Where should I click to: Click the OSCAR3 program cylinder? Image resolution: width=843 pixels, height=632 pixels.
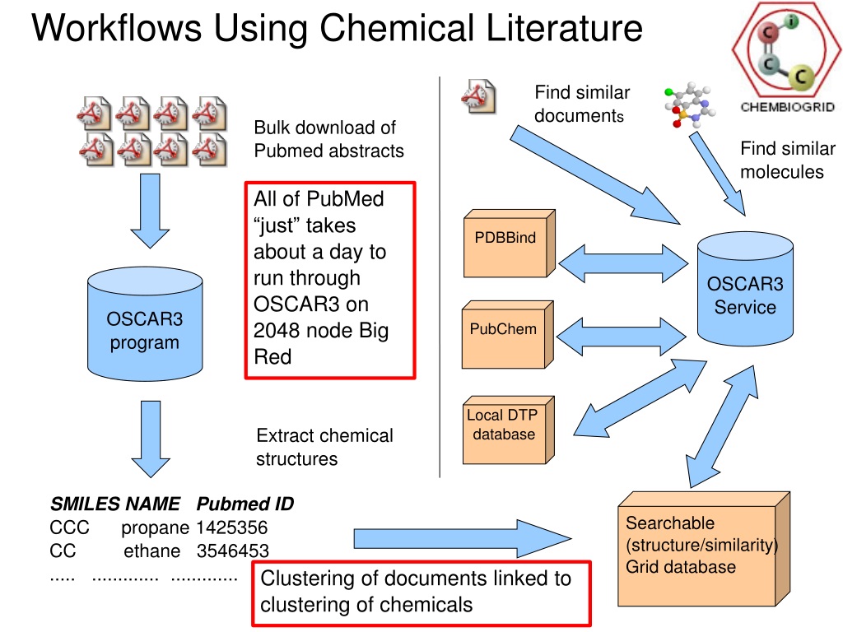click(x=145, y=324)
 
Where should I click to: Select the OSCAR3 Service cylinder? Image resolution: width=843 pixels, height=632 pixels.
click(x=745, y=289)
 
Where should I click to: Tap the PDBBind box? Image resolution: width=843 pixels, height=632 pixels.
click(x=509, y=244)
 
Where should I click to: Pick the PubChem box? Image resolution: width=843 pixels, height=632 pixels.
click(x=507, y=335)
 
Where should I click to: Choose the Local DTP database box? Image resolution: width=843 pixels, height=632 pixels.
click(x=508, y=430)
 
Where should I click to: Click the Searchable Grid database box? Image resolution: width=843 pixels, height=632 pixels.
click(x=704, y=549)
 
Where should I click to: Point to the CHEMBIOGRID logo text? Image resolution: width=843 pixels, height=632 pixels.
click(x=788, y=107)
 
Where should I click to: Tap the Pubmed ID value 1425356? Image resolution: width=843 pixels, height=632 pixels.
click(x=231, y=527)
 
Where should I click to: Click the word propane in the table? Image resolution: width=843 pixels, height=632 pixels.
click(x=155, y=528)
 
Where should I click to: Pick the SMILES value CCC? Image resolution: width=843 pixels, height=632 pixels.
click(x=69, y=527)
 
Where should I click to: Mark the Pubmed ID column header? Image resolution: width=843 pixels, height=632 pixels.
click(x=245, y=504)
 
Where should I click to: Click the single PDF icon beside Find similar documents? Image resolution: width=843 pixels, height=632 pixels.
click(x=478, y=96)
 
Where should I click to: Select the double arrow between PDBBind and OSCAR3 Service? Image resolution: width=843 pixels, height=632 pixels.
click(x=624, y=264)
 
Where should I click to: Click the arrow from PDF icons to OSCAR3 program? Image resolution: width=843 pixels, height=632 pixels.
click(x=150, y=211)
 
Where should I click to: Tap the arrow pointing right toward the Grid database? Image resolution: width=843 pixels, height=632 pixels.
click(x=463, y=538)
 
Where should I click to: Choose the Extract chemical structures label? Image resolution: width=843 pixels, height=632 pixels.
click(x=324, y=447)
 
